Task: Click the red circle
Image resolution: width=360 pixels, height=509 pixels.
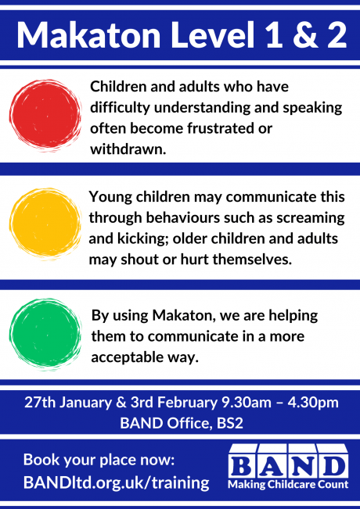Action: click(45, 115)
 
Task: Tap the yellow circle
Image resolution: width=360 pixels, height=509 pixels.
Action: click(45, 224)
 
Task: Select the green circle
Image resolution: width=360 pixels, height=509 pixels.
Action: click(45, 335)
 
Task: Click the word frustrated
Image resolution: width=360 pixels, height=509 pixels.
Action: click(220, 128)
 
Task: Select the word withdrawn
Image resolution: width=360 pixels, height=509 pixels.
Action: click(128, 149)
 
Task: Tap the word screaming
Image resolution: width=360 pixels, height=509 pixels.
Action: click(311, 218)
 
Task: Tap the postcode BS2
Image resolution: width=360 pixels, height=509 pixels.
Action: click(230, 423)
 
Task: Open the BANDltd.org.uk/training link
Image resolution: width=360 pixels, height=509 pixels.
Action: click(117, 482)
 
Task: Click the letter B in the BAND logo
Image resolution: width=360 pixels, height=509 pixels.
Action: click(243, 467)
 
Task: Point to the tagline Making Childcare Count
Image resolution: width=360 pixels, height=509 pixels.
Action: click(288, 485)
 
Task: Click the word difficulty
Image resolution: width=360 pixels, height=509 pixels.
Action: click(120, 108)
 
